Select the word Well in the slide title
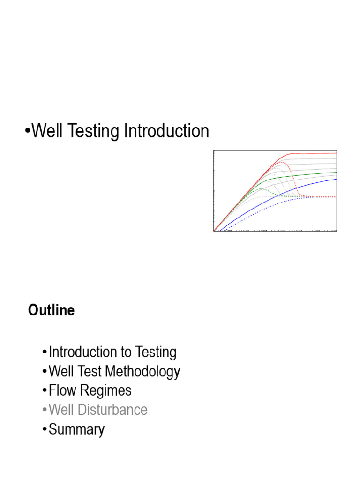click(49, 132)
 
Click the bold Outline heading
click(51, 310)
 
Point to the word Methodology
click(142, 372)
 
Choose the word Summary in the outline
click(76, 429)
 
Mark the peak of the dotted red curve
click(280, 162)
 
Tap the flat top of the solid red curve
click(314, 153)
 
